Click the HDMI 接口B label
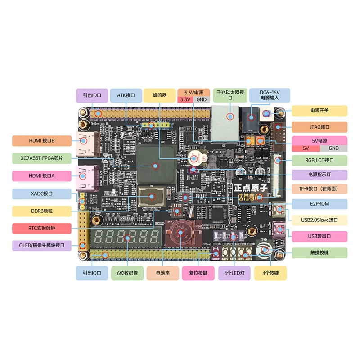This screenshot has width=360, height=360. (42, 140)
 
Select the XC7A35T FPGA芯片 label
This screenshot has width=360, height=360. (42, 158)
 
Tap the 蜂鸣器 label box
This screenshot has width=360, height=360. (160, 95)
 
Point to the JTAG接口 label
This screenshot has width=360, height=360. (319, 127)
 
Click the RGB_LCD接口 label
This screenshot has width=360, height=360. (319, 160)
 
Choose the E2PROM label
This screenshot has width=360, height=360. (319, 204)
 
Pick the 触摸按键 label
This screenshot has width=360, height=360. (319, 252)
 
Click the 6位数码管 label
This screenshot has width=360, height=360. (127, 273)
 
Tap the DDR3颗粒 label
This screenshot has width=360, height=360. (42, 211)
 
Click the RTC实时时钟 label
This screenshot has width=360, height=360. (42, 228)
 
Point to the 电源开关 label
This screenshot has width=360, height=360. (319, 111)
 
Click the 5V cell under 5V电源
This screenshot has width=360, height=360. (306, 148)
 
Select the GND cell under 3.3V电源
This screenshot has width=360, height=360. (202, 99)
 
